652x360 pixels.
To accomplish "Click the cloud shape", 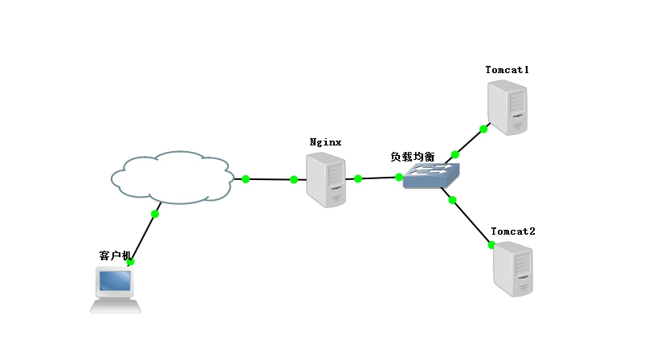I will pos(172,177).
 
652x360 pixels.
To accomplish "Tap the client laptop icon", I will pos(115,290).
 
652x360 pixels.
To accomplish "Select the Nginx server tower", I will pos(325,181).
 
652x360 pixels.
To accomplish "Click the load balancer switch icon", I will pos(432,175).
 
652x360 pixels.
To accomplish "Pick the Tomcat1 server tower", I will pos(508,107).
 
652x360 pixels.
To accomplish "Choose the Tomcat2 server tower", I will pos(513,269).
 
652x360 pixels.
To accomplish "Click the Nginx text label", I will pos(326,142).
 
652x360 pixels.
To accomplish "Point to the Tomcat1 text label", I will pos(507,70).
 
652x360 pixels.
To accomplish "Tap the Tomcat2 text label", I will pos(513,231).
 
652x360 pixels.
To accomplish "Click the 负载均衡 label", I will pos(413,157).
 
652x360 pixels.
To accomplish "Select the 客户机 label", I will pos(115,256).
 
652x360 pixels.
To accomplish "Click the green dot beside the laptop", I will pos(130,262).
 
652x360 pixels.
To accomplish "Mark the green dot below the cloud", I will pos(155,214).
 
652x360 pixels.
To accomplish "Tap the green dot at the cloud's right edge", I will pos(246,178).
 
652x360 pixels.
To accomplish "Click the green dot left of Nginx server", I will pos(293,179).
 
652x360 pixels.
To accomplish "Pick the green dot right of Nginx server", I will pos(358,178).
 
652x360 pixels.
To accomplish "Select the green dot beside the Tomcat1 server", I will pos(483,129).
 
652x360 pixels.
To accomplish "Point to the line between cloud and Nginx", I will pos(270,179).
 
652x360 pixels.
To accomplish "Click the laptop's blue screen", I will pos(114,280).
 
